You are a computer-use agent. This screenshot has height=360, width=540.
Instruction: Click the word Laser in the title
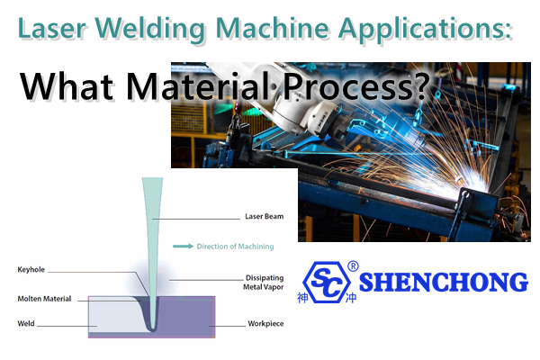click(x=51, y=28)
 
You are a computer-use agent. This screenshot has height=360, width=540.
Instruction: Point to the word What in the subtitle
click(x=67, y=85)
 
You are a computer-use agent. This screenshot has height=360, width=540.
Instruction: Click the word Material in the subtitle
click(x=201, y=85)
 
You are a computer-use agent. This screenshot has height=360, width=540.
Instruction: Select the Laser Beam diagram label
click(x=264, y=216)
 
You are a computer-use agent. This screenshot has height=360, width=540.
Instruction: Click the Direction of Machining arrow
click(x=184, y=246)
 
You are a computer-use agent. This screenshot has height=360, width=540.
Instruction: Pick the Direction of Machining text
click(x=235, y=247)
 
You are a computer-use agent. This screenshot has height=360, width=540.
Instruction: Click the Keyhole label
click(x=31, y=270)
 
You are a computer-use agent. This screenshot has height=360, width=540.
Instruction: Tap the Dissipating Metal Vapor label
click(x=264, y=282)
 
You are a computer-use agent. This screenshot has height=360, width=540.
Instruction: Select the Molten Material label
click(x=44, y=299)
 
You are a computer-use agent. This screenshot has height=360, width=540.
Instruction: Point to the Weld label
click(x=26, y=323)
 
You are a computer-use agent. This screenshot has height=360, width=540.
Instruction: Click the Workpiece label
click(x=265, y=324)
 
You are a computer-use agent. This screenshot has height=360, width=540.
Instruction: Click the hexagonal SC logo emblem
click(x=328, y=282)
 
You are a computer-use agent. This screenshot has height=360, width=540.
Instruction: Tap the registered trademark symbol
click(x=353, y=266)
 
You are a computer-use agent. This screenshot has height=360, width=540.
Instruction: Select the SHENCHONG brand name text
click(x=444, y=282)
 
